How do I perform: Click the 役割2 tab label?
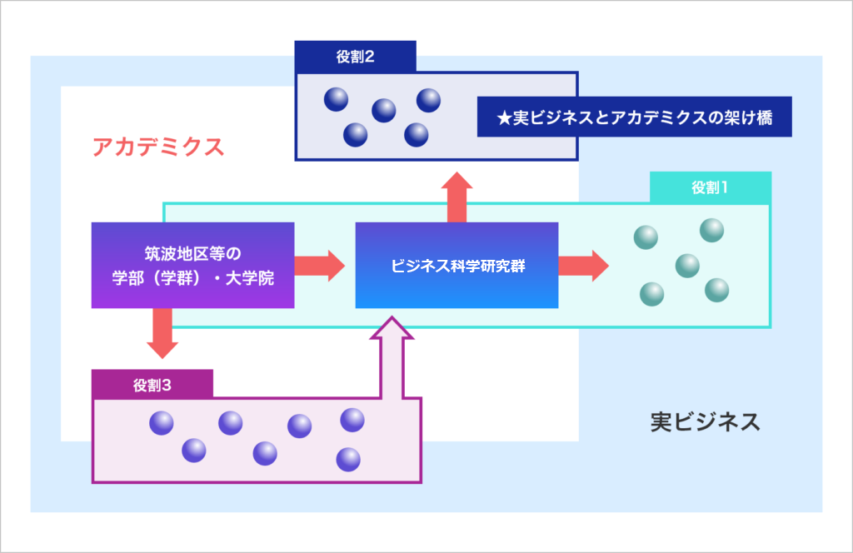pos(355,57)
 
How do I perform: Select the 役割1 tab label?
pos(710,187)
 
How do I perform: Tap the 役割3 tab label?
pos(152,385)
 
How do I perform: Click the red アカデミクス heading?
pos(158,147)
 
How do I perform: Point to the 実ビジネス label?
pos(706,422)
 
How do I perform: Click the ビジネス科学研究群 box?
pos(457,266)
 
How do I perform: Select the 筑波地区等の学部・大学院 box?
pos(193,266)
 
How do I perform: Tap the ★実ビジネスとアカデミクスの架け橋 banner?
pos(634,117)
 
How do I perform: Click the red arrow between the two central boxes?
pos(320,266)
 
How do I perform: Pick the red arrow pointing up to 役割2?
pos(457,197)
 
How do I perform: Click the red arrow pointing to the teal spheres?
pos(584,266)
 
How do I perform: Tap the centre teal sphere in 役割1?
pos(687,266)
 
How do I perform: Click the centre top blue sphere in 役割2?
pos(384,111)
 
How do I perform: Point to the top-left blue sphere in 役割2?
pos(337,99)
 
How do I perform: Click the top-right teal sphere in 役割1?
pos(711,230)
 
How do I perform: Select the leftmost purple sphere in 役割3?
pos(162,423)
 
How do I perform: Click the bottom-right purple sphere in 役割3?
pos(348,460)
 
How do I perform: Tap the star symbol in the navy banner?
pos(504,118)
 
